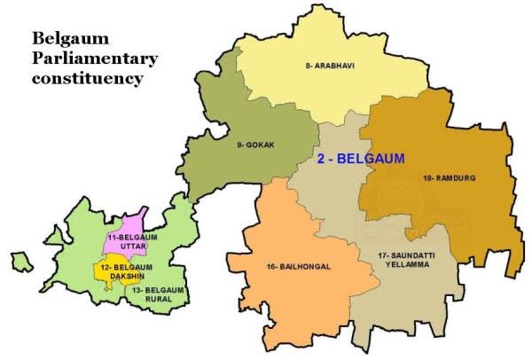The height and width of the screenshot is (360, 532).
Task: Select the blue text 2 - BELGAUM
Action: (x=360, y=160)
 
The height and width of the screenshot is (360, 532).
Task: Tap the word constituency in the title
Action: (x=86, y=78)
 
